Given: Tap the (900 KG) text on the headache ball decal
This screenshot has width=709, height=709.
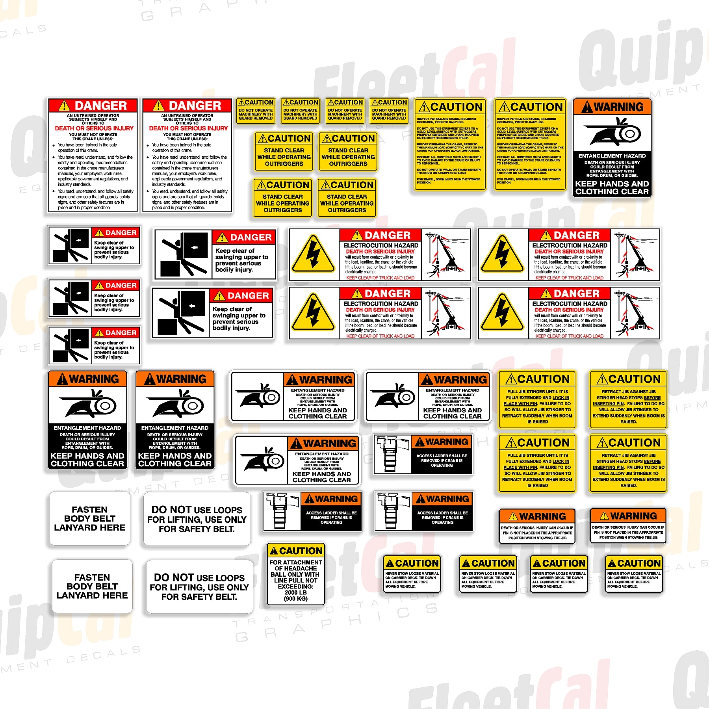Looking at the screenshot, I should pos(295,599).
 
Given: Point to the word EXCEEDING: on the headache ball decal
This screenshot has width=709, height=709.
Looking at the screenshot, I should pos(295,587).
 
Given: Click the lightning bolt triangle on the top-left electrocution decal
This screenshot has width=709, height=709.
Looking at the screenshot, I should pos(314,254).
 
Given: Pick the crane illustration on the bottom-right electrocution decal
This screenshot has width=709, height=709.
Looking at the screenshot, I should pos(635,314).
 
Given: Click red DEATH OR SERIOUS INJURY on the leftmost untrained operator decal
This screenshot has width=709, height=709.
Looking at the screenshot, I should pos(94,128).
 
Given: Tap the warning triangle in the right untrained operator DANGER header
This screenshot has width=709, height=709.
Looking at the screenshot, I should pos(158,106).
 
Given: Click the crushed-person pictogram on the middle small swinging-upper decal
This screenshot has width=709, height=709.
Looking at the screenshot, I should pos(71,299).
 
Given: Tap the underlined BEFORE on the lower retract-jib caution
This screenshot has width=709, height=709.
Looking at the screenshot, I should pos(652,461).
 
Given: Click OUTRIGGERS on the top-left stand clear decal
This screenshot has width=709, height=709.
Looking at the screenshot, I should pos(284,164).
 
